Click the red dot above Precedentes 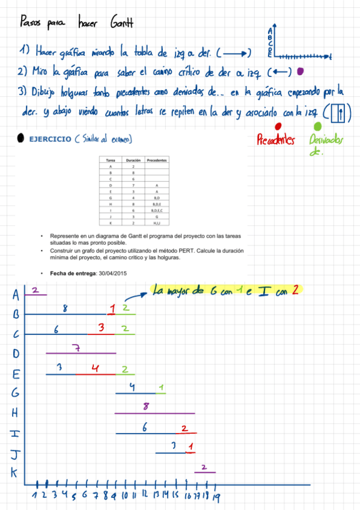pyautogui.click(x=278, y=126)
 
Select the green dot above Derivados pyautogui.click(x=317, y=127)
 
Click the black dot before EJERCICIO pyautogui.click(x=21, y=138)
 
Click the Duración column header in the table pyautogui.click(x=133, y=161)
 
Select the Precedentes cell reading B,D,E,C pyautogui.click(x=156, y=211)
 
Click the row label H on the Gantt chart pyautogui.click(x=16, y=413)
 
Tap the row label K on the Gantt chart pyautogui.click(x=14, y=473)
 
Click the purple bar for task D pyautogui.click(x=81, y=354)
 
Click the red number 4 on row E pyautogui.click(x=95, y=367)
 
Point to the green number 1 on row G pyautogui.click(x=162, y=387)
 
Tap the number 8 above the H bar pyautogui.click(x=146, y=407)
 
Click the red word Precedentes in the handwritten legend pyautogui.click(x=276, y=141)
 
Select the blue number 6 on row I pyautogui.click(x=145, y=427)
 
